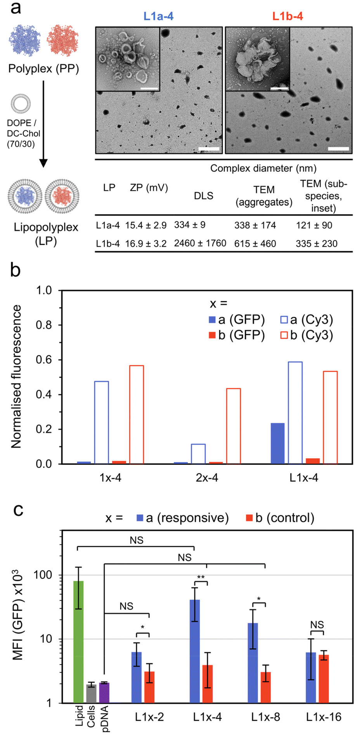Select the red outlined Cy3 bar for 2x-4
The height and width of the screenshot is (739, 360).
point(234,426)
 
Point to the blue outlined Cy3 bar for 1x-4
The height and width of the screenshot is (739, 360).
point(102,423)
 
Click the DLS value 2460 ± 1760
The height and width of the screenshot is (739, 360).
point(200,243)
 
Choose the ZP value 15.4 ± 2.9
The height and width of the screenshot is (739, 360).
point(145,225)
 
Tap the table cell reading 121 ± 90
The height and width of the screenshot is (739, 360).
point(314,225)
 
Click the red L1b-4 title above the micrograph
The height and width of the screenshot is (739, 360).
point(287,16)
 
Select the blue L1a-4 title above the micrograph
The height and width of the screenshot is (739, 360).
point(158,16)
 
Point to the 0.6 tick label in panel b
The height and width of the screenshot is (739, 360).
point(44,360)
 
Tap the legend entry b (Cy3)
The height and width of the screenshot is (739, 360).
point(307,335)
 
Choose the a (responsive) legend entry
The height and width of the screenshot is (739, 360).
point(183,518)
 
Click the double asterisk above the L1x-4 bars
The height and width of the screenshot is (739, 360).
point(201,578)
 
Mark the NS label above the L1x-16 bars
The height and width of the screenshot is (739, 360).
point(317,625)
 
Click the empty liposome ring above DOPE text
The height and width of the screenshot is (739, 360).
point(21,104)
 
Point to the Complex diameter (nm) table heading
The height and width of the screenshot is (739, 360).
point(263,168)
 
